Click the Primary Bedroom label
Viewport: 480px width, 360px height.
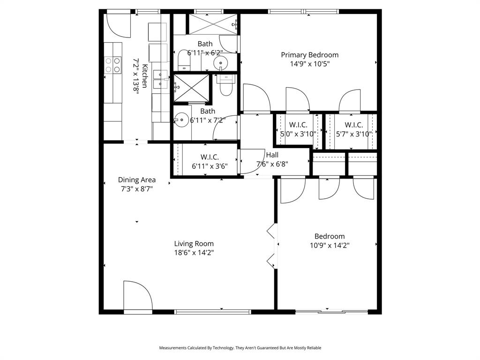point(309,55)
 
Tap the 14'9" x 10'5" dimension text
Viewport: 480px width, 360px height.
point(309,64)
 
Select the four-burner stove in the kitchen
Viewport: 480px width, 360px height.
point(112,65)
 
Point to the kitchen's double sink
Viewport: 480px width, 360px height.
point(161,79)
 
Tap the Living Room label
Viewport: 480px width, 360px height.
point(194,243)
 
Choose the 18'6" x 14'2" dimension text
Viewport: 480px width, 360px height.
point(194,252)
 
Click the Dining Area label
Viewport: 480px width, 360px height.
point(136,180)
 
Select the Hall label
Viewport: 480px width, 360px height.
point(272,155)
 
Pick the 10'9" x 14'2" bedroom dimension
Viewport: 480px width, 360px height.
point(330,245)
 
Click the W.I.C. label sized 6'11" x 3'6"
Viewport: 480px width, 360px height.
point(210,157)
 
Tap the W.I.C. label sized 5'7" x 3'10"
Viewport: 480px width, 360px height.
point(353,125)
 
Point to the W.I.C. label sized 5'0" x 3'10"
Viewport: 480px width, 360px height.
point(298,125)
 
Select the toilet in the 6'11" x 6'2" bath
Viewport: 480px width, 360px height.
point(184,60)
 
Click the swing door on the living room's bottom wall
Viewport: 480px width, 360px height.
point(137,296)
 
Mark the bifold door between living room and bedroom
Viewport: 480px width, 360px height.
point(271,247)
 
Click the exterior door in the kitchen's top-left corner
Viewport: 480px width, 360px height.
point(118,24)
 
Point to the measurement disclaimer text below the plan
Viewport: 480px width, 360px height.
point(240,348)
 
